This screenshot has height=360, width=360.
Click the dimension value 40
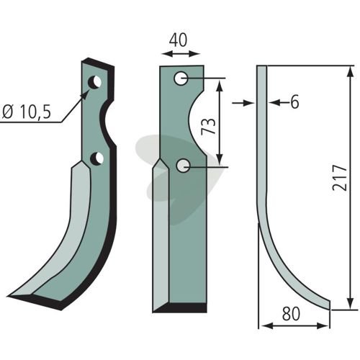(178, 40)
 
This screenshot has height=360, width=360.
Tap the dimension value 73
(208, 126)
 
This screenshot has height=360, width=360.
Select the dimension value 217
(340, 178)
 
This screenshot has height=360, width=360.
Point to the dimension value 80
(291, 314)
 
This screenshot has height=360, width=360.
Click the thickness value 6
(294, 102)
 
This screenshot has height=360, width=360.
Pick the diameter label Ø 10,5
(26, 112)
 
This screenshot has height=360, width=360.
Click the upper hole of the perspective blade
(94, 82)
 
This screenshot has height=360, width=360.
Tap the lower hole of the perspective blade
(96, 158)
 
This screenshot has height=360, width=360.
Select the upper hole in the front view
(181, 78)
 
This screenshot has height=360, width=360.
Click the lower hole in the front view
(183, 166)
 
